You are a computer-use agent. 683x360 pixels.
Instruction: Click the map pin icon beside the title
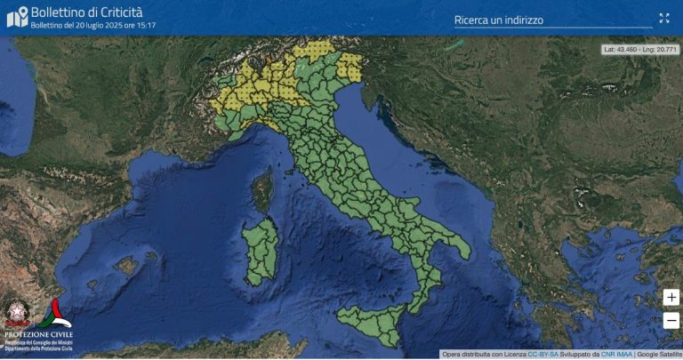pyautogui.click(x=17, y=17)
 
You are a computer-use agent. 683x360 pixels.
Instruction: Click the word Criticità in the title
pyautogui.click(x=115, y=12)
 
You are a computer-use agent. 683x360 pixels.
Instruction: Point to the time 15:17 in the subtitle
pyautogui.click(x=147, y=26)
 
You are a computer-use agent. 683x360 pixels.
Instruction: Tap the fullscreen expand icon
pyautogui.click(x=663, y=18)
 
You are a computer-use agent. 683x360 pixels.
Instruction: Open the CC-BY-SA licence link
pyautogui.click(x=542, y=354)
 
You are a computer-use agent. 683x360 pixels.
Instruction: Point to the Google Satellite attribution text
pyautogui.click(x=659, y=354)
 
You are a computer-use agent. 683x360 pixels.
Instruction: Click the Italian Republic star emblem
pyautogui.click(x=17, y=313)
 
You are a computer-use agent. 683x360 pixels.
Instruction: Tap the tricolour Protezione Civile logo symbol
pyautogui.click(x=58, y=312)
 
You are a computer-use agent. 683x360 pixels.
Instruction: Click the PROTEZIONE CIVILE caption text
pyautogui.click(x=38, y=334)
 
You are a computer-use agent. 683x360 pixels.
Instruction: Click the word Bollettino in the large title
pyautogui.click(x=60, y=12)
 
